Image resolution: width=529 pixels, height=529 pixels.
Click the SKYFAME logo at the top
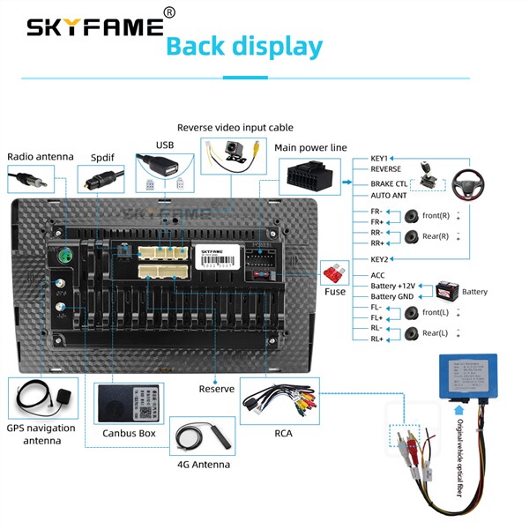tap(95, 26)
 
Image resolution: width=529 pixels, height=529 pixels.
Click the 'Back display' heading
tap(244, 46)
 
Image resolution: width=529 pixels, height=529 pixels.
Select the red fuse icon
tap(335, 272)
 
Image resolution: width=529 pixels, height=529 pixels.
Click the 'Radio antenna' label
tap(41, 157)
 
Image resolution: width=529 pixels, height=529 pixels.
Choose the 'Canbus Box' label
tap(129, 433)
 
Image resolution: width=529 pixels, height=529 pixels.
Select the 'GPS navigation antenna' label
tap(41, 434)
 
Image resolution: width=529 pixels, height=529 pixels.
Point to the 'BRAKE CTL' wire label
tap(388, 184)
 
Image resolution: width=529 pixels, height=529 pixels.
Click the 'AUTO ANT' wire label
tap(388, 195)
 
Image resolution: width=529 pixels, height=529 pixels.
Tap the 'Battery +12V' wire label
tap(392, 286)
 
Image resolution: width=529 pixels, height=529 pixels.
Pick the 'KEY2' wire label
tap(381, 259)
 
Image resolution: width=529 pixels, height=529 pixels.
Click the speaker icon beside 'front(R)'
tap(412, 215)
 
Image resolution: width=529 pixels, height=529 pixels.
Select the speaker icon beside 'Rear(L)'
tap(412, 332)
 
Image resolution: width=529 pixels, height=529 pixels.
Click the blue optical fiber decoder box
tap(468, 377)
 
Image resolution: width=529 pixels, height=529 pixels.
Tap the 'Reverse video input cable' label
tap(235, 128)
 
